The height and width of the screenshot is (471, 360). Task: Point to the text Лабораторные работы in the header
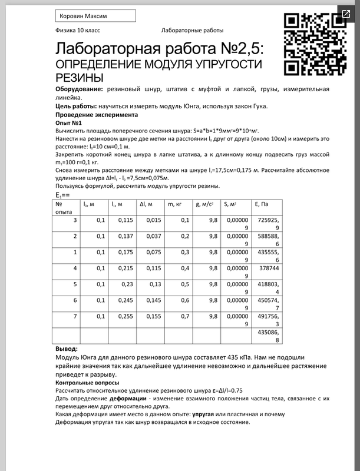tap(191, 30)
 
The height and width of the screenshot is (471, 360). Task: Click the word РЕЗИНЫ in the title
tap(80, 77)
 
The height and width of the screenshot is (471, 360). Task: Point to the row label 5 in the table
tap(75, 284)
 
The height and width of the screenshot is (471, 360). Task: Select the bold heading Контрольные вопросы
tap(87, 383)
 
